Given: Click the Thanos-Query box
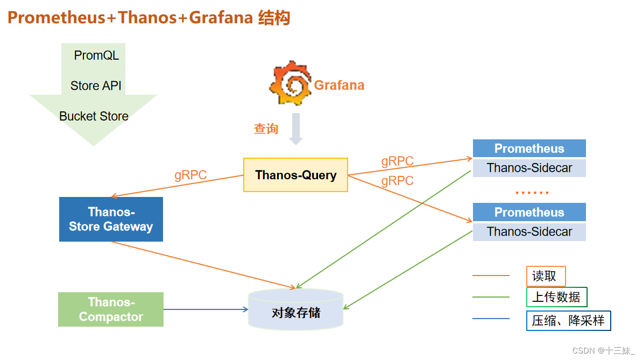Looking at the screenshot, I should coord(295,175).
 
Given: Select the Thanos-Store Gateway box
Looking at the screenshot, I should coord(111,219).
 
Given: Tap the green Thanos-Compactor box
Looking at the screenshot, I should coord(111,309).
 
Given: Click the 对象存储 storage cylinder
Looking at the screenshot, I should coord(295,311).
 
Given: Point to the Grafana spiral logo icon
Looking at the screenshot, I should coord(290,84).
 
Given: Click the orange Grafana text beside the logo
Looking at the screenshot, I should coord(339,85).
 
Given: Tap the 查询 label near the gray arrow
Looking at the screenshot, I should coord(266,129).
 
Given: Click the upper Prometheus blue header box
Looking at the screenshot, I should coord(529,149).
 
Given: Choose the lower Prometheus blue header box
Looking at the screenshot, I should coord(529,212).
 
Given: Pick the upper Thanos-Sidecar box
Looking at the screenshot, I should coord(529,168).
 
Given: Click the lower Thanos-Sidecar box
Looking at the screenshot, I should coord(529,231).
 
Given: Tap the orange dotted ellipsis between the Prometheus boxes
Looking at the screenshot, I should coord(532,192).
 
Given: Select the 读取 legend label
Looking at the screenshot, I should coord(545,276).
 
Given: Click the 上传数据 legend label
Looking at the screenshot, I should coord(556,297).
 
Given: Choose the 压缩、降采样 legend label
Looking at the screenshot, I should coord(568,321).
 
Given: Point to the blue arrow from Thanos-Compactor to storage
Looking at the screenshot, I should coord(204,309).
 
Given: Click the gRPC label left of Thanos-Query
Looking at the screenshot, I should coord(190,175).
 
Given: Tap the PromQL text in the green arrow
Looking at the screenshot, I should coord(96,55).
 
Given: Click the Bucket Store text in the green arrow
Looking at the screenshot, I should coord(94,116).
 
